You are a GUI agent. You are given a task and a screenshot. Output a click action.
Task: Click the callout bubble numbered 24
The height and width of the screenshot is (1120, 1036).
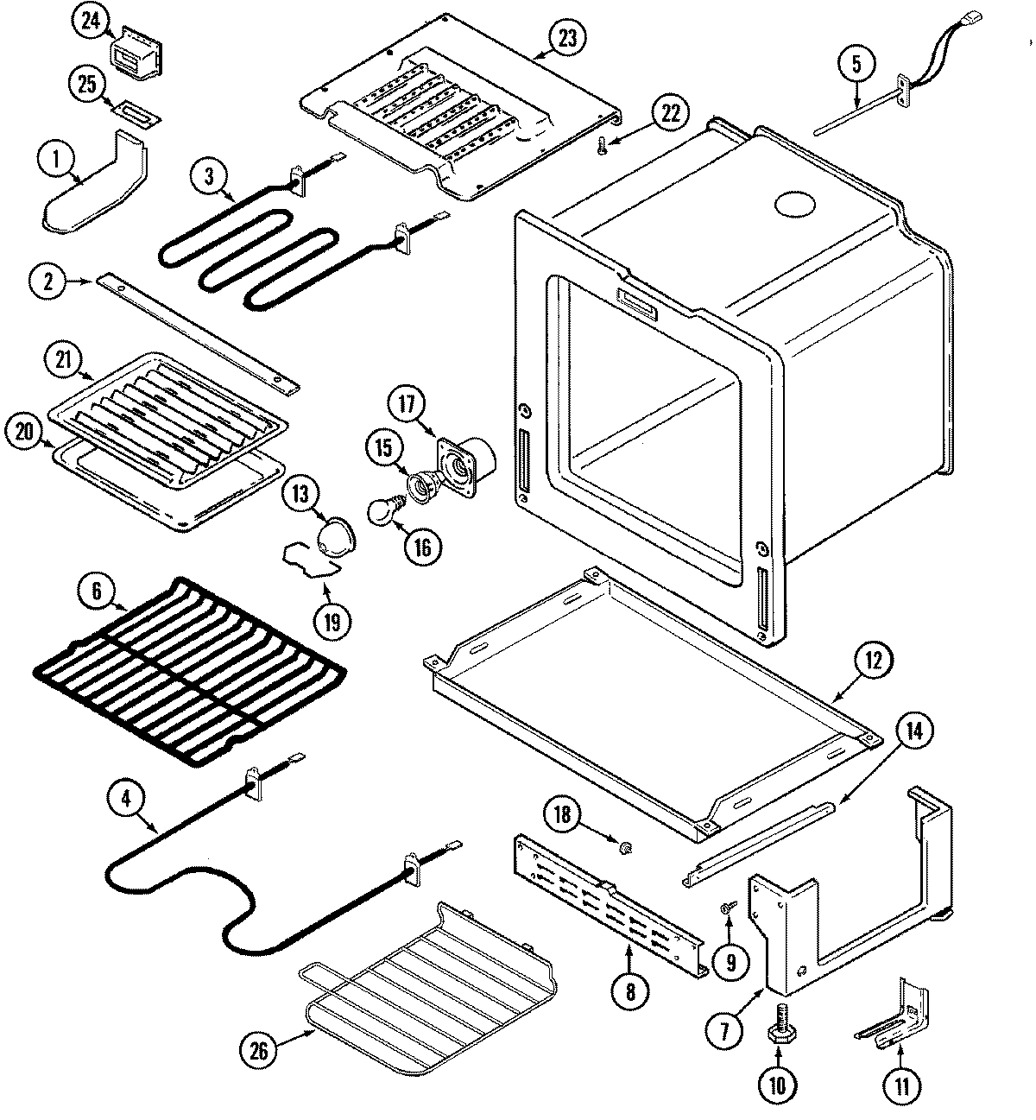[91, 22]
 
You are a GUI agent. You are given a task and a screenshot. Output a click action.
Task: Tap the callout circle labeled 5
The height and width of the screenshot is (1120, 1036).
[856, 64]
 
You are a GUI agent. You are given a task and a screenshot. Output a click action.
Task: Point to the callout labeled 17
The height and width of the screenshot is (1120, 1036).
[407, 402]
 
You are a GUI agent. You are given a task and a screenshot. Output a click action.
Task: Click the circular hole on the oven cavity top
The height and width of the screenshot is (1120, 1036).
[795, 206]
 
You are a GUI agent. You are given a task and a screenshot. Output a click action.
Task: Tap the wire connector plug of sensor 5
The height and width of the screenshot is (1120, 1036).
[974, 16]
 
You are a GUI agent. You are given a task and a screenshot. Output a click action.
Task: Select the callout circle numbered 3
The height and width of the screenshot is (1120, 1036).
[207, 174]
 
